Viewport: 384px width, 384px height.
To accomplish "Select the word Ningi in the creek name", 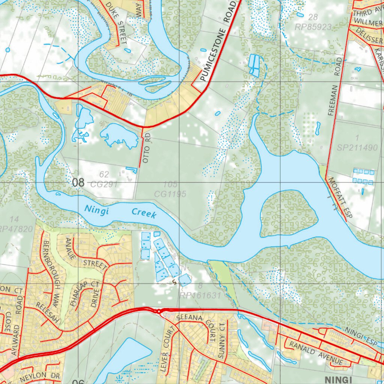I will tap(96, 210).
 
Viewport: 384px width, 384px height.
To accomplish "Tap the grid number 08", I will tap(78, 183).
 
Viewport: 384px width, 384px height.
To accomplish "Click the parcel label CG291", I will tap(104, 184).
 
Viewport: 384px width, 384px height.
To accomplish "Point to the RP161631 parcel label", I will tap(200, 295).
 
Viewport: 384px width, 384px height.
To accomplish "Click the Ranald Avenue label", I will tap(315, 353).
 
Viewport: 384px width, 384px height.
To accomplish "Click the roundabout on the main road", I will tap(159, 311).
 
